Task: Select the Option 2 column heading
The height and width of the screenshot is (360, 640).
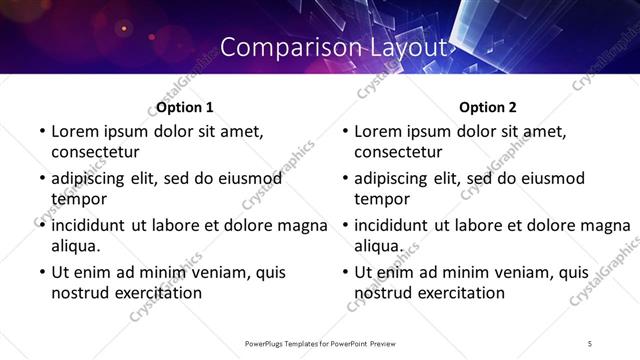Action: [489, 107]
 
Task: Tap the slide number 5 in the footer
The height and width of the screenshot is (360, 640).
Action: [590, 344]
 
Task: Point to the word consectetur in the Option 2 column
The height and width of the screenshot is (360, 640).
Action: [398, 152]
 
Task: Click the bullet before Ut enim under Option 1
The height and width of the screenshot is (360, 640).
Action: [40, 272]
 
